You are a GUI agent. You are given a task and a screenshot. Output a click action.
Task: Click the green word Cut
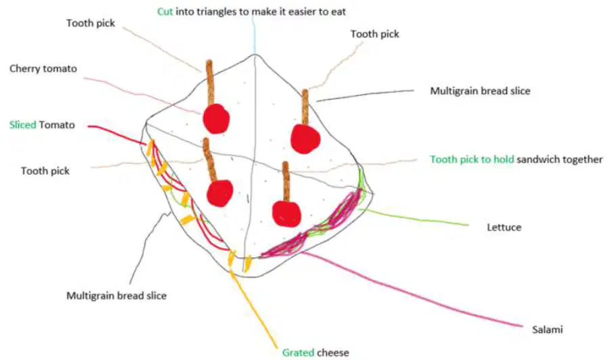point(165,12)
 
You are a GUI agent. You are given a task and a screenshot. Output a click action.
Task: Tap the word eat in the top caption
point(338,12)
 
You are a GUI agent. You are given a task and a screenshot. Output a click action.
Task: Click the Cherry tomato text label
point(43,69)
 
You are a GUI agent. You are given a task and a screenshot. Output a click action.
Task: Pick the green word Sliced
point(23,125)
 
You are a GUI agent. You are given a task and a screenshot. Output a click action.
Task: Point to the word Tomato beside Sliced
point(57,125)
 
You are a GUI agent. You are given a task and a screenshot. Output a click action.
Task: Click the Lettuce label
point(504,227)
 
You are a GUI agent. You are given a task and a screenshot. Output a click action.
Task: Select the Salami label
point(547,330)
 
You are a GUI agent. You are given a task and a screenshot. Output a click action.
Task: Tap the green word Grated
point(298,353)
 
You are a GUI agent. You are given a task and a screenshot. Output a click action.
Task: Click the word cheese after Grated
point(332,353)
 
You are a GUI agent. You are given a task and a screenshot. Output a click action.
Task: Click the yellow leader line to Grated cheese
point(254,309)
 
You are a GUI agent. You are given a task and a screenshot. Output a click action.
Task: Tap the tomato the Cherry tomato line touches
point(216,118)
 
